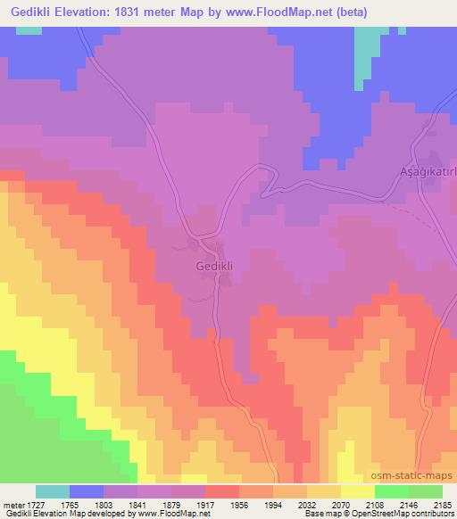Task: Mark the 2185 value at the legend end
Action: click(x=442, y=505)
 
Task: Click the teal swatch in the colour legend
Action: click(x=53, y=491)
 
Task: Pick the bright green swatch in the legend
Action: click(x=391, y=491)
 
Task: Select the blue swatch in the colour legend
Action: click(x=87, y=491)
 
